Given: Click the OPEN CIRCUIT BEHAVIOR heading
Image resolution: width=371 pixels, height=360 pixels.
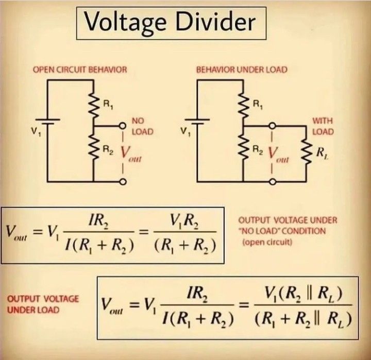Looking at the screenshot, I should pos(80,70).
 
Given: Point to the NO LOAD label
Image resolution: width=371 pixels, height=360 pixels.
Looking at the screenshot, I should pos(142,126).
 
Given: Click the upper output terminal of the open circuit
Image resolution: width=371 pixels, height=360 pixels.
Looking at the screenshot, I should pos(123,126).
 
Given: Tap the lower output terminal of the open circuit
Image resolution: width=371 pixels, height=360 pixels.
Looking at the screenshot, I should pos(123,181).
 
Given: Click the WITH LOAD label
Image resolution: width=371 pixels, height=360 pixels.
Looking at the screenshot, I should pos(323,126).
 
